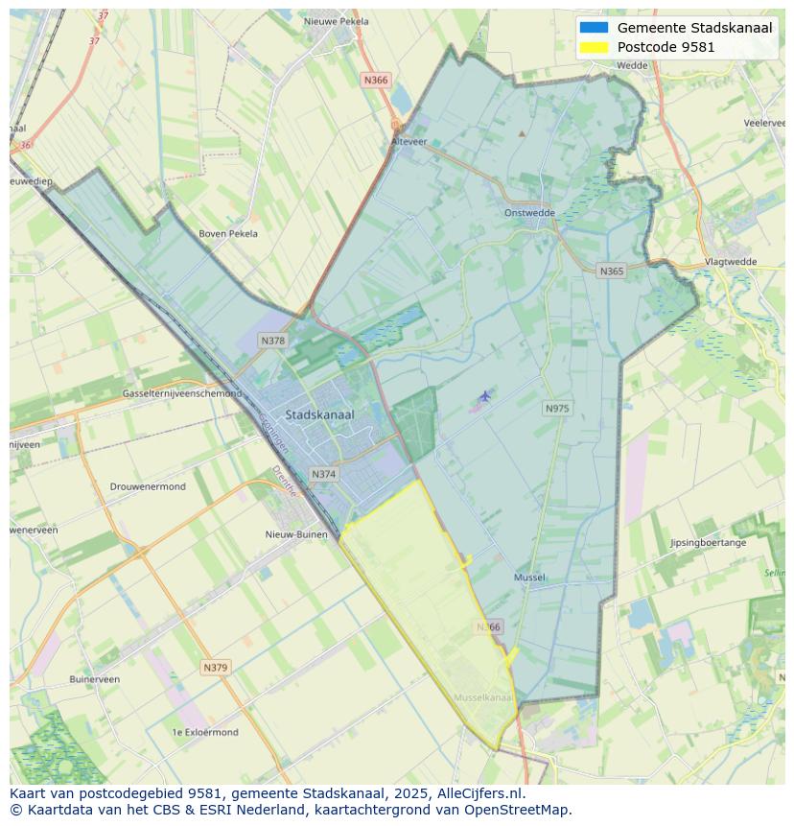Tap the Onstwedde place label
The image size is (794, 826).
pos(529,213)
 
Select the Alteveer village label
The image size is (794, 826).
pos(409,141)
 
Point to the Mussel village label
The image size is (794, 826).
pos(529,578)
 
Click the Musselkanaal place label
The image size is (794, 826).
pos(483,697)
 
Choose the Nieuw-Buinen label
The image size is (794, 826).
pos(296,534)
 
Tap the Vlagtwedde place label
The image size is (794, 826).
pos(731,261)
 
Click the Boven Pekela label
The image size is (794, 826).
pos(228,233)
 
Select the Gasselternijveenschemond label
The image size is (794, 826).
pos(182,393)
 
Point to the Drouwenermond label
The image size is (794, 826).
pos(148,486)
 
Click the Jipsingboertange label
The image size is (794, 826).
pos(708,543)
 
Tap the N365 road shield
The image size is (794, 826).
pos(611,271)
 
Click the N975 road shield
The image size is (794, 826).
pos(556,409)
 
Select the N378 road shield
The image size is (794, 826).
pos(273,341)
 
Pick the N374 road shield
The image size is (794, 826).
pos(324,474)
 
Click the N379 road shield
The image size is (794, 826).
pos(216,667)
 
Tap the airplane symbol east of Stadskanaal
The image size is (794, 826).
pos(485,395)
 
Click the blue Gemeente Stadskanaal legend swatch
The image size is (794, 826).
pos(594,28)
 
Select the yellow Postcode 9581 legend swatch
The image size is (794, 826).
pos(594,47)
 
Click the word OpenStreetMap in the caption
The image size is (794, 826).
pos(522,809)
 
